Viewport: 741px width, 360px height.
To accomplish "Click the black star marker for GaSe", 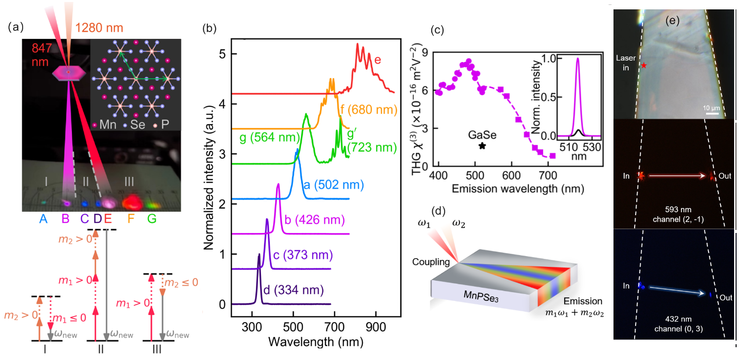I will tap(482, 146).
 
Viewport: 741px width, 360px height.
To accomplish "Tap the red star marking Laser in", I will tap(644, 65).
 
